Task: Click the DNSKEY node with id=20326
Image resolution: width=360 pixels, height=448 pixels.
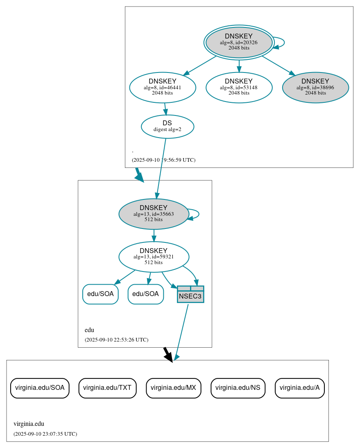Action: point(239,43)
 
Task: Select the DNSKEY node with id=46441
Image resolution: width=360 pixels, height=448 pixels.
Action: point(163,87)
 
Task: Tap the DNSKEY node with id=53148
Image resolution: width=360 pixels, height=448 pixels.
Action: point(239,87)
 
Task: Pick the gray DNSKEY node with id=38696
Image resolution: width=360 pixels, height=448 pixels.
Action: point(315,87)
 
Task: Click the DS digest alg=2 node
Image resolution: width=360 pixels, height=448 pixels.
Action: point(167,127)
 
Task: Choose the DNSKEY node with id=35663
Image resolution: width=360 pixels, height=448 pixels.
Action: point(154,214)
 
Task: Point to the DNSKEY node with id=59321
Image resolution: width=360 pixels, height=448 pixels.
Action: point(154,257)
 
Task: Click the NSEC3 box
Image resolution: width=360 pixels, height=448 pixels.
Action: point(190,294)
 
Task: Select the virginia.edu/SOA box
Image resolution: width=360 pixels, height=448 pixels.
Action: point(40,388)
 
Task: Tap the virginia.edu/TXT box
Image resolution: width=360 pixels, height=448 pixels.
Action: point(107,388)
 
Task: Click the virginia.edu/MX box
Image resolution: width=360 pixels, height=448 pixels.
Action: point(174,388)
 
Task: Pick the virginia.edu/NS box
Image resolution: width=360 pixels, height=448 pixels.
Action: point(238,388)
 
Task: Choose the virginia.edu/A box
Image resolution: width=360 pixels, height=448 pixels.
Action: point(299,388)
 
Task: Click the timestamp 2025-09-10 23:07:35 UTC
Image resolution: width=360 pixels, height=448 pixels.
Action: point(45,434)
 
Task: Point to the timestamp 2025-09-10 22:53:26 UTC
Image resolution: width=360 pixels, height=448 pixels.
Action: point(116,339)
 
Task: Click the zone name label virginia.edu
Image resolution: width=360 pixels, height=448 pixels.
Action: point(29,424)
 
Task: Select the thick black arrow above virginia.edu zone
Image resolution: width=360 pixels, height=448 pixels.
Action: point(168,354)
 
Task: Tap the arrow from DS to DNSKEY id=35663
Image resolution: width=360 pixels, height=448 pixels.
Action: point(161,168)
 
